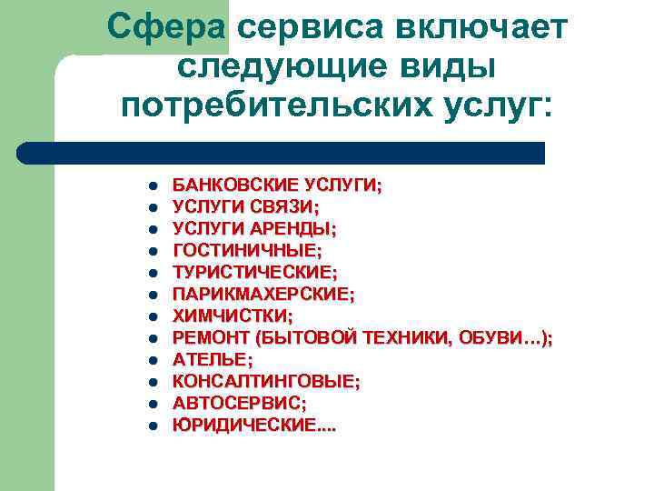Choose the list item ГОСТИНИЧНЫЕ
coord(247,250)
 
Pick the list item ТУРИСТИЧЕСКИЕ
coord(254,272)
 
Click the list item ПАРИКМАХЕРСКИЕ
coord(263,294)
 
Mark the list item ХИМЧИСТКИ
coord(233,316)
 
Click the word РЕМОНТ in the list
coord(212,337)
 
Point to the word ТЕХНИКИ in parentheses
coord(401,337)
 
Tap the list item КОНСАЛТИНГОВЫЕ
coord(265,381)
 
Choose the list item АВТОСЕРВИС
coord(239,403)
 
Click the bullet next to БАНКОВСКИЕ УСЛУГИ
coord(154,185)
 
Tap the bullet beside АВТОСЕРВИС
coord(154,404)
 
